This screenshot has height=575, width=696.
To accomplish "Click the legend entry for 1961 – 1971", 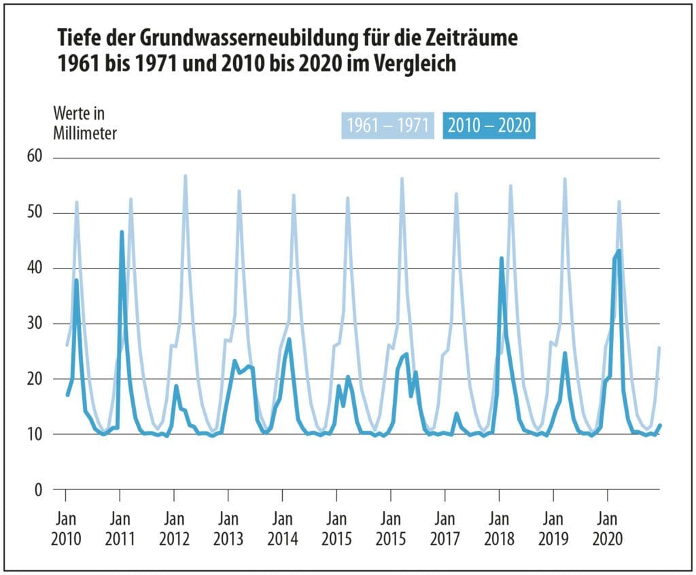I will pos(387,126).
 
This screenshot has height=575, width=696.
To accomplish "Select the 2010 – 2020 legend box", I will pos(489,126).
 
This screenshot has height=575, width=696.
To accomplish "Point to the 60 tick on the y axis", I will pos(35,158).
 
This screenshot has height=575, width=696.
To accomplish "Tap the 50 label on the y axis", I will pos(35,213).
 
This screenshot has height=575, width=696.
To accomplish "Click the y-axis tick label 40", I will pos(35,268).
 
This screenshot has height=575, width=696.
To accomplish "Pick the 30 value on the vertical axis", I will pos(35,324).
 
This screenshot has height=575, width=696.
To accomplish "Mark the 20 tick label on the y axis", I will pos(35,379).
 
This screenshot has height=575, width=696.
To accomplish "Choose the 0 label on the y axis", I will pos(38,489).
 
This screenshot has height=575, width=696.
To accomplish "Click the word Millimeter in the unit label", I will pos(85,133).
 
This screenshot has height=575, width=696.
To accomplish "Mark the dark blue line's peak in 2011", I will pos(122,232).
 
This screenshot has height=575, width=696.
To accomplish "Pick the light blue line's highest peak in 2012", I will pos(185,176).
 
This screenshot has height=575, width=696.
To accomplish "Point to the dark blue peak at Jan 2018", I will pos(502,259).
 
